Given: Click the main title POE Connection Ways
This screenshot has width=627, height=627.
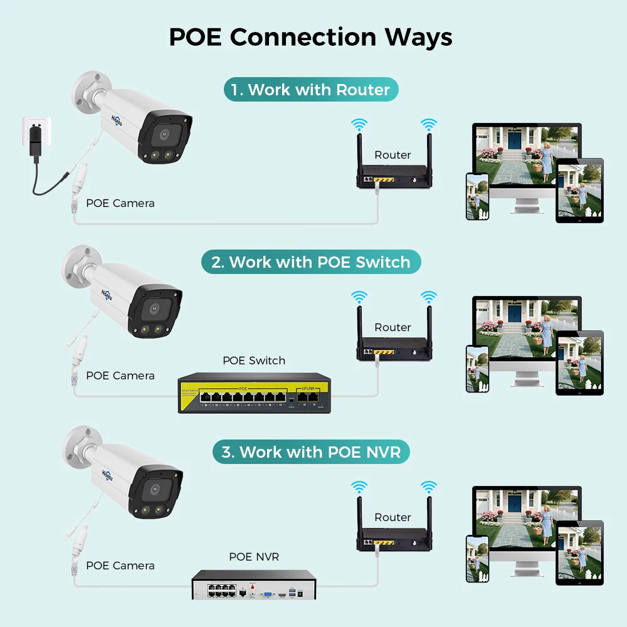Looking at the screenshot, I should coord(310,37).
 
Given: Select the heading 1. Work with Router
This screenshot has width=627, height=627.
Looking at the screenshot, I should coord(311,90).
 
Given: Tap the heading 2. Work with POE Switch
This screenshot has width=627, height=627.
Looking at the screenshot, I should coord(311,262).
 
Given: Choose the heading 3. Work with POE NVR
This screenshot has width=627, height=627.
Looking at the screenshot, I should coord(311,452).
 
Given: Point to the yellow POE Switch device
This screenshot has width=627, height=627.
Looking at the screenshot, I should coord(254,393).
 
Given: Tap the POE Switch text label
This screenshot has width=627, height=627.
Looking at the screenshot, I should coord(254,361).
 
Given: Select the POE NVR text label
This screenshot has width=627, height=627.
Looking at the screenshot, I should coord(254,557).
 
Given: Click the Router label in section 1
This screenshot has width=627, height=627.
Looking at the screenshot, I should coord(393,155).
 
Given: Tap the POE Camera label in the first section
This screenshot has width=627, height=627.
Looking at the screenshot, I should coord(120,203).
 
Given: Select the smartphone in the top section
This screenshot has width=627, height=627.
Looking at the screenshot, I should coord(477,196).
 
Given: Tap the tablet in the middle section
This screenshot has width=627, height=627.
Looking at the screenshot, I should coord(579,362).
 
